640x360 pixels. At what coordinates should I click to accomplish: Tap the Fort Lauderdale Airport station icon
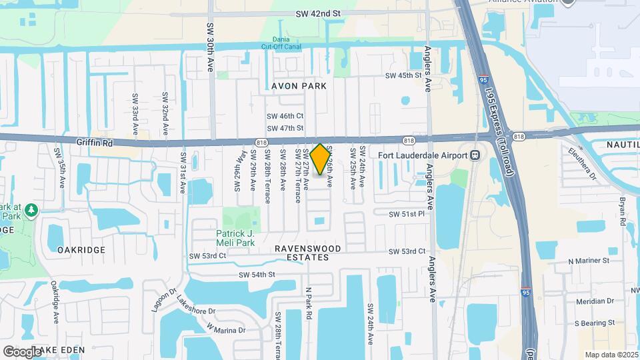click(x=475, y=156)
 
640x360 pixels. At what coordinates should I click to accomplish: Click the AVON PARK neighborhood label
click(x=299, y=86)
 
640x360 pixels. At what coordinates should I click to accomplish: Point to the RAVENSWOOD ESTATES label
click(x=308, y=253)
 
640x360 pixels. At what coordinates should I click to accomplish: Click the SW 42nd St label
click(x=318, y=13)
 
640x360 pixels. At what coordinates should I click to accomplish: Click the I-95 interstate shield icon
click(x=526, y=291)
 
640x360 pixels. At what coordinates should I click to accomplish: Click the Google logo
click(x=21, y=351)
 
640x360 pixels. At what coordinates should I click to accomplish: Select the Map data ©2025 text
click(x=611, y=355)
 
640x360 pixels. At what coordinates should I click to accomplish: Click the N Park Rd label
click(x=309, y=303)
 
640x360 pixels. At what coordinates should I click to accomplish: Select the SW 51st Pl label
click(x=407, y=214)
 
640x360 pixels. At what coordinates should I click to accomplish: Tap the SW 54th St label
click(x=257, y=275)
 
